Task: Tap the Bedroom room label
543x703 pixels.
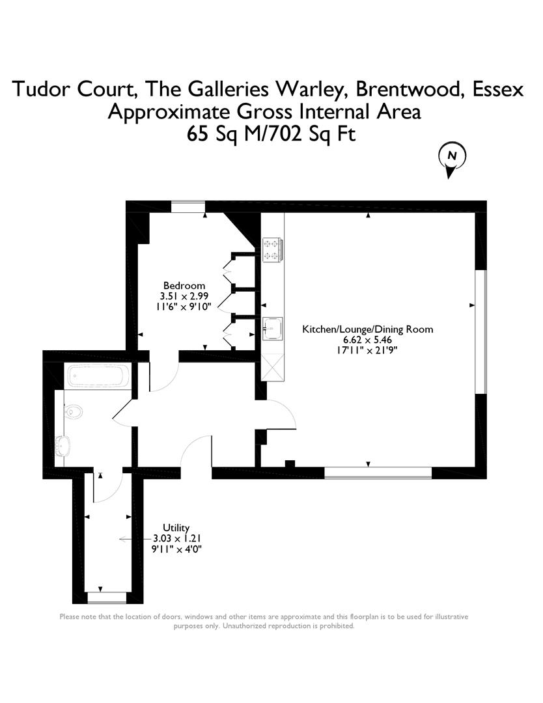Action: pyautogui.click(x=184, y=286)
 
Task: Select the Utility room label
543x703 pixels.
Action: pyautogui.click(x=176, y=528)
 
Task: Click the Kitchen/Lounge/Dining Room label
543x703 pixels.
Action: pyautogui.click(x=368, y=329)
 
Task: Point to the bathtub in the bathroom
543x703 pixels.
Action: pyautogui.click(x=98, y=376)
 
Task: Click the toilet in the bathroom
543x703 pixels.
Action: pyautogui.click(x=74, y=411)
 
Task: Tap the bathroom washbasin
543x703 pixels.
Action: pyautogui.click(x=63, y=446)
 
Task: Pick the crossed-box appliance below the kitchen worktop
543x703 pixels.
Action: pyautogui.click(x=273, y=367)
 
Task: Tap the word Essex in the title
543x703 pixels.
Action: pyautogui.click(x=498, y=89)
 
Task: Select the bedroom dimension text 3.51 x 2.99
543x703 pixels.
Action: pyautogui.click(x=184, y=296)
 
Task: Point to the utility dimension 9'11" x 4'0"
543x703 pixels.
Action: pyautogui.click(x=176, y=549)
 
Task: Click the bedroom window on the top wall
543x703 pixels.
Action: pyautogui.click(x=188, y=207)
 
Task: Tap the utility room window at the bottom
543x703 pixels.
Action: pyautogui.click(x=107, y=598)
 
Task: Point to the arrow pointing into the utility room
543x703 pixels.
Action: pyautogui.click(x=135, y=539)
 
